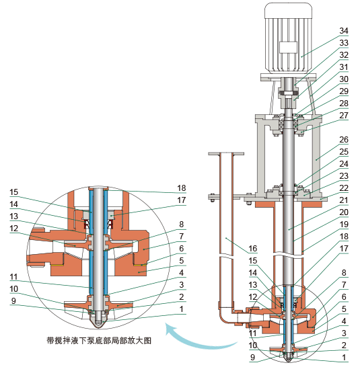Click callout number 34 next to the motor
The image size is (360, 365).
[x=344, y=31]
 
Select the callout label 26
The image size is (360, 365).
[x=344, y=140]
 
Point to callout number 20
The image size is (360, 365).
[x=344, y=212]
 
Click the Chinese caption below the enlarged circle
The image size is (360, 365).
[x=99, y=340]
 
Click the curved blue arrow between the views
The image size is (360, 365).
[x=195, y=337]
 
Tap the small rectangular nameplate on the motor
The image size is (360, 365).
[x=288, y=48]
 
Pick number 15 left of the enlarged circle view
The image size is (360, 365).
[x=15, y=192]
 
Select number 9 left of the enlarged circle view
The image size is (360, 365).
[x=15, y=300]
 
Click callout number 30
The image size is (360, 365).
[x=344, y=79]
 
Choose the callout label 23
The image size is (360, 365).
[x=344, y=175]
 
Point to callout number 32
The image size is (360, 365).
[x=344, y=54]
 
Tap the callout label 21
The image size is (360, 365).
[x=344, y=200]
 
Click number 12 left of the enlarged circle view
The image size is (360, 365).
[x=15, y=228]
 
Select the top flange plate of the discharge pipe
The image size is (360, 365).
[x=225, y=155]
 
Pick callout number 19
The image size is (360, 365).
[x=344, y=224]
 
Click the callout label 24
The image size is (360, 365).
[x=344, y=163]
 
